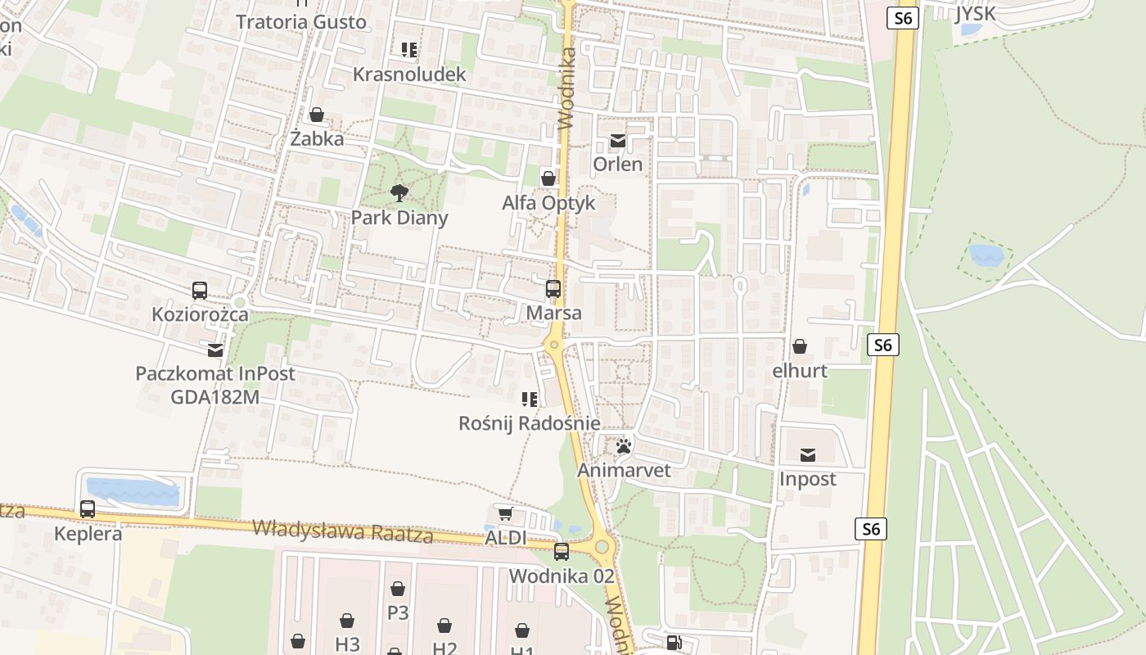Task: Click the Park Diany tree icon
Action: click(399, 193)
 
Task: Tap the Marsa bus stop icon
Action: click(553, 288)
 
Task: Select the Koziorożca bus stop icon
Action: click(200, 290)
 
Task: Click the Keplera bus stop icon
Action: click(88, 509)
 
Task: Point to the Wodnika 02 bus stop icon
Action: click(561, 552)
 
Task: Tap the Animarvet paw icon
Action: click(624, 446)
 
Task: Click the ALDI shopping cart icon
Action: click(505, 513)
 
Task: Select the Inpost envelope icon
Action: click(808, 454)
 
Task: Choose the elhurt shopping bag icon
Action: click(800, 346)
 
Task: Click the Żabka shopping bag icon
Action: click(317, 115)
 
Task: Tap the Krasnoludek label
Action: click(409, 75)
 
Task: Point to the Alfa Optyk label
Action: click(548, 203)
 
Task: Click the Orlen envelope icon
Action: click(617, 141)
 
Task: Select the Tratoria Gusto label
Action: click(301, 22)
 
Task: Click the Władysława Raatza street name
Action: click(342, 532)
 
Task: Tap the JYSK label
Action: click(975, 14)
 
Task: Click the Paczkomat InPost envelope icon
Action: click(215, 350)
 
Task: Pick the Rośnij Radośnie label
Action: click(530, 423)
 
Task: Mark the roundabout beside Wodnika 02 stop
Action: click(602, 546)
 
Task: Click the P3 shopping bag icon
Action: click(398, 589)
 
